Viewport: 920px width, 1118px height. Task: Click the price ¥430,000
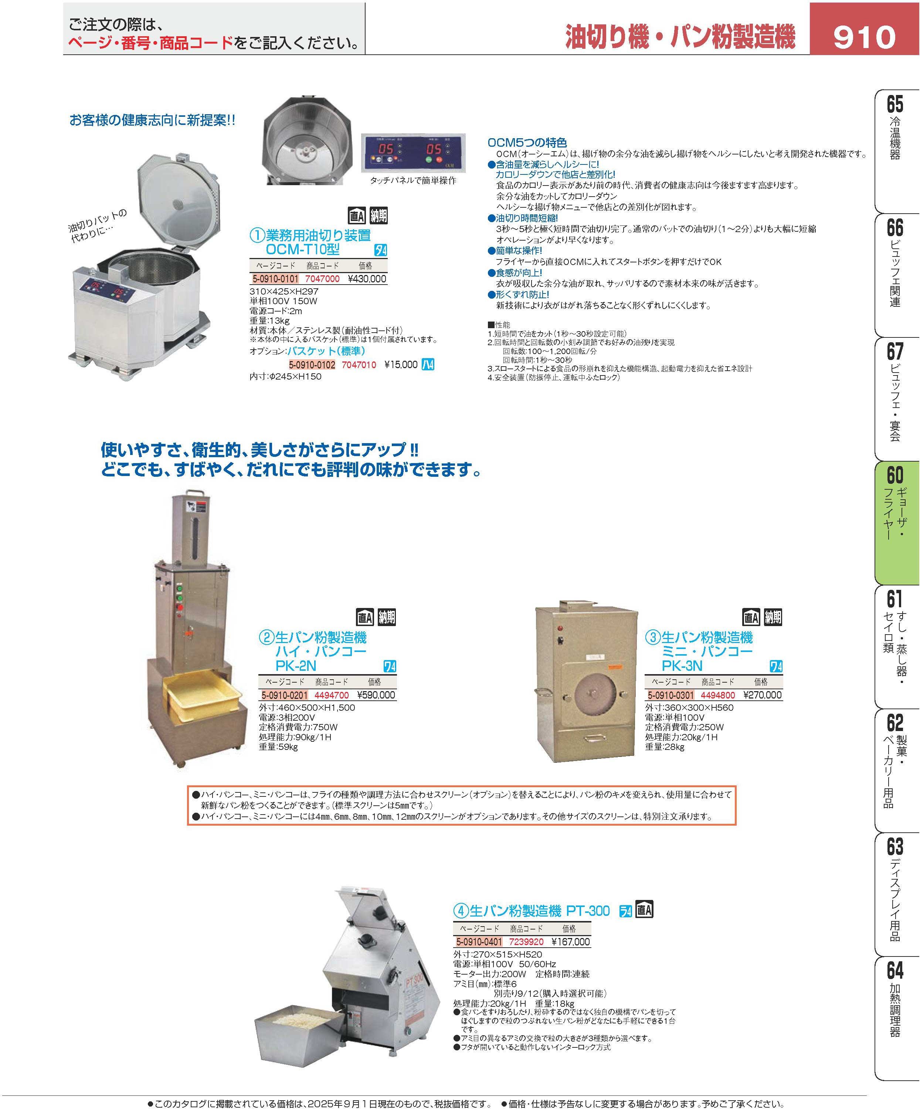pos(367,279)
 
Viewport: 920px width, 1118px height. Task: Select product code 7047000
pos(322,279)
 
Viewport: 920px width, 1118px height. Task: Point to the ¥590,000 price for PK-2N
pos(376,695)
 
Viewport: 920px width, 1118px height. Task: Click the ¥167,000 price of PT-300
pos(571,942)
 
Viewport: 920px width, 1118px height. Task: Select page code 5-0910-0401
pos(479,942)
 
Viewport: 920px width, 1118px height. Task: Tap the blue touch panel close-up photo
pos(413,153)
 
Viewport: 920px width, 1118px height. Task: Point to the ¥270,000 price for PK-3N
pos(763,695)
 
